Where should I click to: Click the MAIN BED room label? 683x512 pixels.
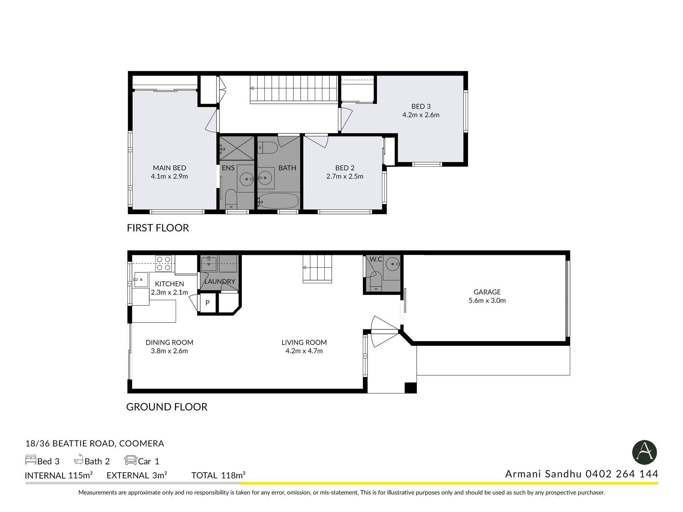click(169, 168)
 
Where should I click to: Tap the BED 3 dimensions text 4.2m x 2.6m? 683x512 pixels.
click(421, 115)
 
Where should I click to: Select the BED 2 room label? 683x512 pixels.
click(345, 168)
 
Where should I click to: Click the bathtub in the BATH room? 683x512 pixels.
click(279, 201)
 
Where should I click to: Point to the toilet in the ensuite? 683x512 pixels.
click(231, 199)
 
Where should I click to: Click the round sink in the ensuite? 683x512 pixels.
click(246, 179)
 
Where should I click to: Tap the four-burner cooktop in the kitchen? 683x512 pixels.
click(164, 263)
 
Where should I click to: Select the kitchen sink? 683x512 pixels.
click(141, 279)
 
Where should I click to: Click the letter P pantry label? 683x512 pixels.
click(207, 303)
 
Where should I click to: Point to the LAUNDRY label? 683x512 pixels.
click(220, 282)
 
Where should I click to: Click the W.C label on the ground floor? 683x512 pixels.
click(376, 259)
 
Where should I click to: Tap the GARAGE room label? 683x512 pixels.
click(487, 292)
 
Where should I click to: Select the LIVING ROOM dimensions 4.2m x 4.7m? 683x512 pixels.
click(304, 351)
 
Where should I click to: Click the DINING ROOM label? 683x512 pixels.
click(169, 342)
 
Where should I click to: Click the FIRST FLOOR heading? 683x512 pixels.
click(158, 228)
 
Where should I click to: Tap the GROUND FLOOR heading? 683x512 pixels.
click(167, 407)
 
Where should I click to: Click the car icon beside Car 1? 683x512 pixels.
click(131, 460)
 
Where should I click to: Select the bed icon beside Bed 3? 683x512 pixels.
click(31, 460)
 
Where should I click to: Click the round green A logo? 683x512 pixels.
click(644, 453)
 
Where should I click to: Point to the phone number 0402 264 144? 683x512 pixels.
click(622, 474)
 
